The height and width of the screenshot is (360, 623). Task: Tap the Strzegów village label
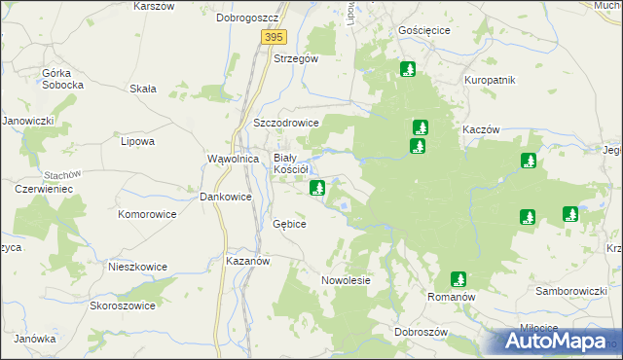tap(296, 58)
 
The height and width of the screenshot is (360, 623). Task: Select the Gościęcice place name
tap(424, 30)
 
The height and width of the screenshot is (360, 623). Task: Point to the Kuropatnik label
tap(489, 80)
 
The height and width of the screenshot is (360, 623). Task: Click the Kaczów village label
tap(481, 129)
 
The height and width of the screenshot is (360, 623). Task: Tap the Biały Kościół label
tap(290, 163)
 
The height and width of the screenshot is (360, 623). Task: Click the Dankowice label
tap(226, 197)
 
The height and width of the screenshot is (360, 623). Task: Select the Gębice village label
tap(289, 224)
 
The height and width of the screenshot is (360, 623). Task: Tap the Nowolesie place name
tap(347, 281)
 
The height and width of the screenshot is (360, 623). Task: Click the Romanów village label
tap(451, 294)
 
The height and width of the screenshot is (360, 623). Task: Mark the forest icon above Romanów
tap(458, 278)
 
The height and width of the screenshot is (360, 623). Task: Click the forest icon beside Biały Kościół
tap(317, 188)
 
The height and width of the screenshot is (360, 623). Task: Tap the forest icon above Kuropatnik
tap(408, 69)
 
